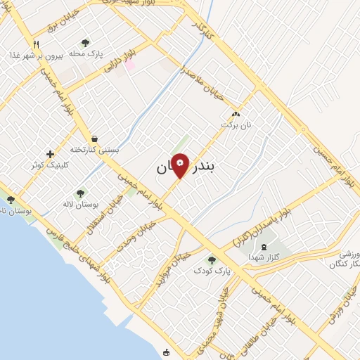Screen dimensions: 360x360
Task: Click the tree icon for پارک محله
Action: pyautogui.click(x=86, y=44)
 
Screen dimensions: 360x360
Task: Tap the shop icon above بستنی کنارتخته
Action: pyautogui.click(x=94, y=139)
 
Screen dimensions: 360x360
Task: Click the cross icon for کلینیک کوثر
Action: pyautogui.click(x=49, y=154)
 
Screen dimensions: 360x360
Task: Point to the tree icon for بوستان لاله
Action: pyautogui.click(x=80, y=193)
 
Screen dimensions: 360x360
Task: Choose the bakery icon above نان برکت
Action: pyautogui.click(x=236, y=115)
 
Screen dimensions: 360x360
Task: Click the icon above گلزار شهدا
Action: pyautogui.click(x=264, y=246)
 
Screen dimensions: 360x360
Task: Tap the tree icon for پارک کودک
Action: pyautogui.click(x=212, y=260)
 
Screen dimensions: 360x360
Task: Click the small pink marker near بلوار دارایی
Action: pyautogui.click(x=129, y=64)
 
